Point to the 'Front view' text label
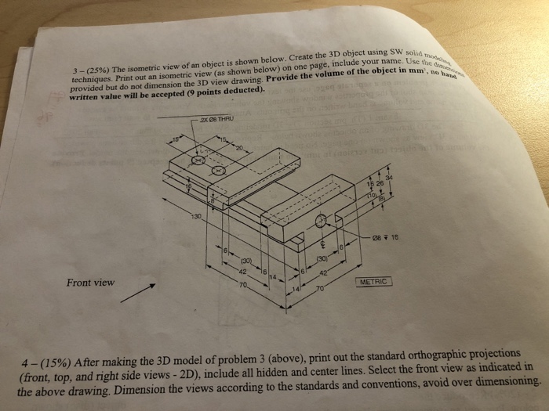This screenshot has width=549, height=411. pyautogui.click(x=92, y=283)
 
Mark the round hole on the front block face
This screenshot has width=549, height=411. pyautogui.click(x=320, y=222)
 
